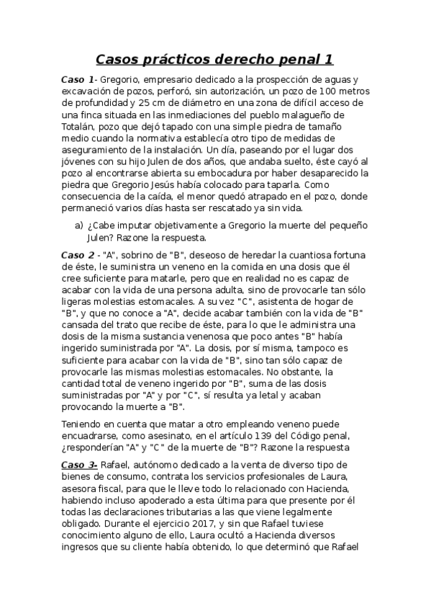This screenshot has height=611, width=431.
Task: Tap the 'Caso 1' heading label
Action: tap(77, 79)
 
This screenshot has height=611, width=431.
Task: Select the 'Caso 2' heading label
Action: tap(77, 254)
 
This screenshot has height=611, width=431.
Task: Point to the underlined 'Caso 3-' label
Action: tap(79, 465)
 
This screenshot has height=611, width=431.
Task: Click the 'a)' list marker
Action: tap(79, 225)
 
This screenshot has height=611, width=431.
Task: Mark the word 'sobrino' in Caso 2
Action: tap(140, 254)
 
